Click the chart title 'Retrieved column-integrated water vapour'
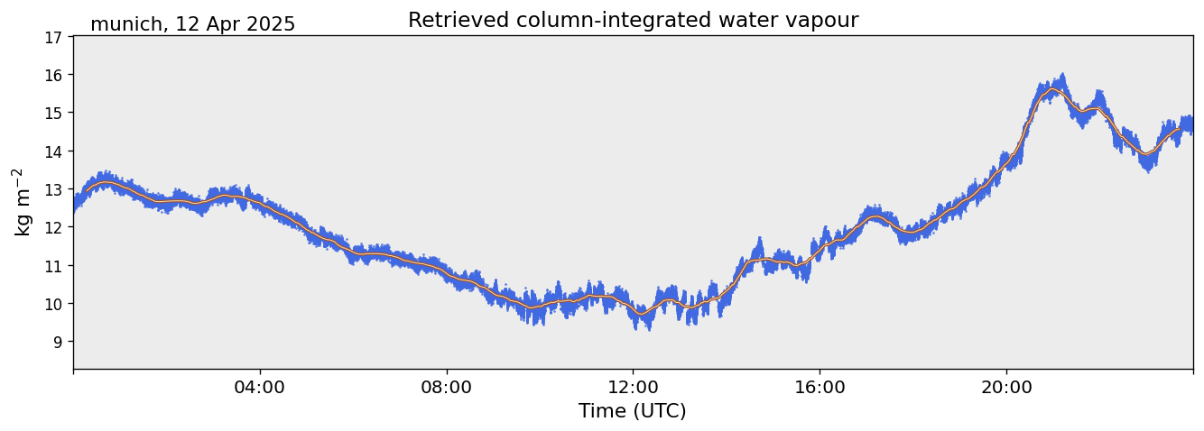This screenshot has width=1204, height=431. pos(633,21)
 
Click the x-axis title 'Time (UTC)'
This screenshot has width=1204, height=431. pos(633,411)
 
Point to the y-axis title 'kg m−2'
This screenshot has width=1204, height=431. pos(22,202)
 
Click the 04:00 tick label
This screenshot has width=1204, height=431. pos(260,387)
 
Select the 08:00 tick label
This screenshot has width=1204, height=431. pos(447,387)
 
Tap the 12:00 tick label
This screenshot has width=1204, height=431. pos(634,387)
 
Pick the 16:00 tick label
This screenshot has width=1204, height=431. pos(820,387)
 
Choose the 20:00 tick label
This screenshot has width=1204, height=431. pos(1006,387)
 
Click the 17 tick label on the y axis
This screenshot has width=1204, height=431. pos(54,37)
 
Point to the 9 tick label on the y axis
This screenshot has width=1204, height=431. pos(58,342)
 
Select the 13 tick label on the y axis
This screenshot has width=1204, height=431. pos(54,189)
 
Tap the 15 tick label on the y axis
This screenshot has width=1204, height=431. pos(54,113)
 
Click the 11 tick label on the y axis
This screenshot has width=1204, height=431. pos(54,266)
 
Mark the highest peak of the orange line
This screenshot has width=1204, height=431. pos(1051,90)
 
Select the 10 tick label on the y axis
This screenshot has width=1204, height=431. pos(54,304)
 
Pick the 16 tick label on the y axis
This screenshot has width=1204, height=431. pos(54,75)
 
